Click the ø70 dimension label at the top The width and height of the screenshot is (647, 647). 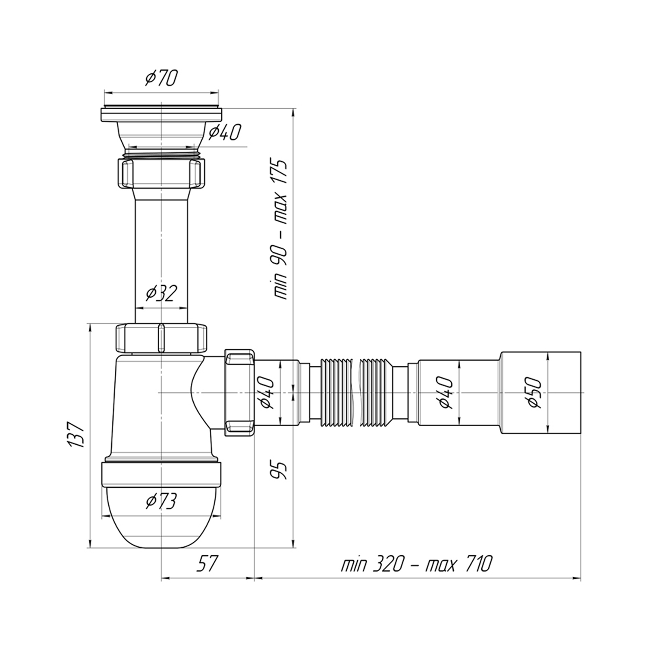pyautogui.click(x=161, y=78)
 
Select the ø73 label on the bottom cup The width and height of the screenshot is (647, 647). pyautogui.click(x=161, y=501)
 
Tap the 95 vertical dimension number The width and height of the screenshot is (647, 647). pyautogui.click(x=279, y=470)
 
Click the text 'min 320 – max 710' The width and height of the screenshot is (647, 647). pyautogui.click(x=416, y=564)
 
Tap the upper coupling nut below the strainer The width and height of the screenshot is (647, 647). pyautogui.click(x=161, y=173)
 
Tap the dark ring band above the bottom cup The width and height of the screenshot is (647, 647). pyautogui.click(x=161, y=474)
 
